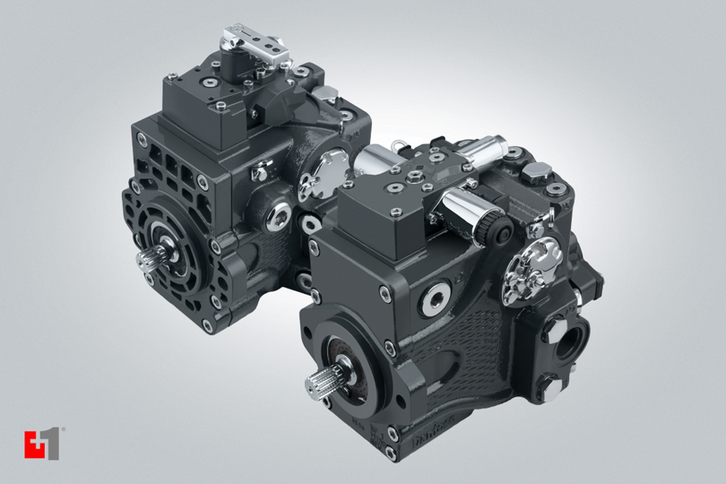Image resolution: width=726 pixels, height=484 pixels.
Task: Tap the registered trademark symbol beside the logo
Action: [x=64, y=433]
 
